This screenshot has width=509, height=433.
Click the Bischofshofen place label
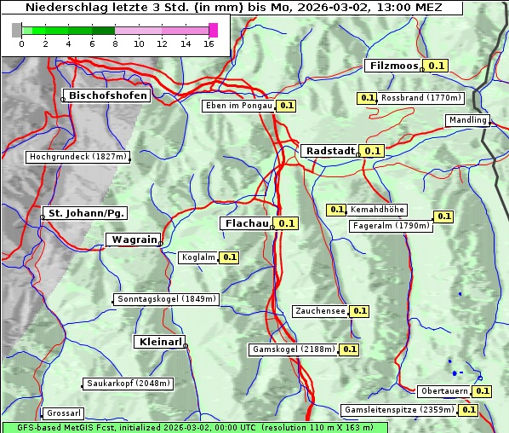(x=109, y=95)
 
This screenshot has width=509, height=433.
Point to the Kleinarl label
(x=160, y=342)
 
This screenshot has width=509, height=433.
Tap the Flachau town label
(x=246, y=223)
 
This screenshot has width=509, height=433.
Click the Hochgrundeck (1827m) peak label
(x=77, y=157)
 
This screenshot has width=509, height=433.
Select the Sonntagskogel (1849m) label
(x=167, y=299)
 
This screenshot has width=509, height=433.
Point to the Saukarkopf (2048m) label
(x=129, y=384)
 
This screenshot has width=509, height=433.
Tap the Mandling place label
(x=467, y=120)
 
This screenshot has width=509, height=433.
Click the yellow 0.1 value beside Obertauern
(x=483, y=391)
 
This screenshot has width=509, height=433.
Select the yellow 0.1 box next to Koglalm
(x=229, y=257)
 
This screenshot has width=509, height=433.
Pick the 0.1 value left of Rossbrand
(x=367, y=98)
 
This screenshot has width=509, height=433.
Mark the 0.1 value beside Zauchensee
(x=358, y=311)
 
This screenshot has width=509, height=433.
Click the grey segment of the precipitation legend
(x=17, y=30)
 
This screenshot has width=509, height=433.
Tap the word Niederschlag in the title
(x=66, y=8)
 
